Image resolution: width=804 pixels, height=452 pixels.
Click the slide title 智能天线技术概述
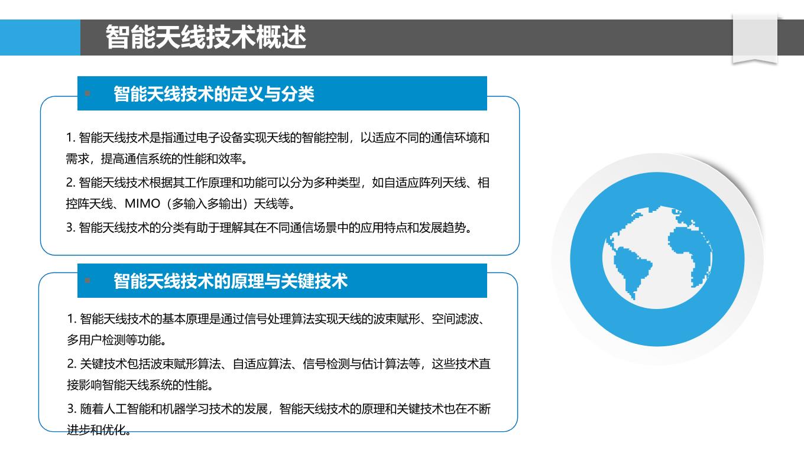click(x=206, y=37)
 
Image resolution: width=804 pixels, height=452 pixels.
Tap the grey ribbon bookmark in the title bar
click(x=755, y=39)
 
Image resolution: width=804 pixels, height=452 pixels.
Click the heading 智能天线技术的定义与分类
click(x=214, y=94)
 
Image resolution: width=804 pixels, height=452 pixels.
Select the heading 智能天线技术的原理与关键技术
click(x=231, y=281)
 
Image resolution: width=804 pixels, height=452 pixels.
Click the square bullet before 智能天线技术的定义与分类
click(x=87, y=93)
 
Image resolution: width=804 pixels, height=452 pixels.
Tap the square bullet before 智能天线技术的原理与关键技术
click(x=87, y=281)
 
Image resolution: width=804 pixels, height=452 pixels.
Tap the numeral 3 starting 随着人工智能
click(x=70, y=409)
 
